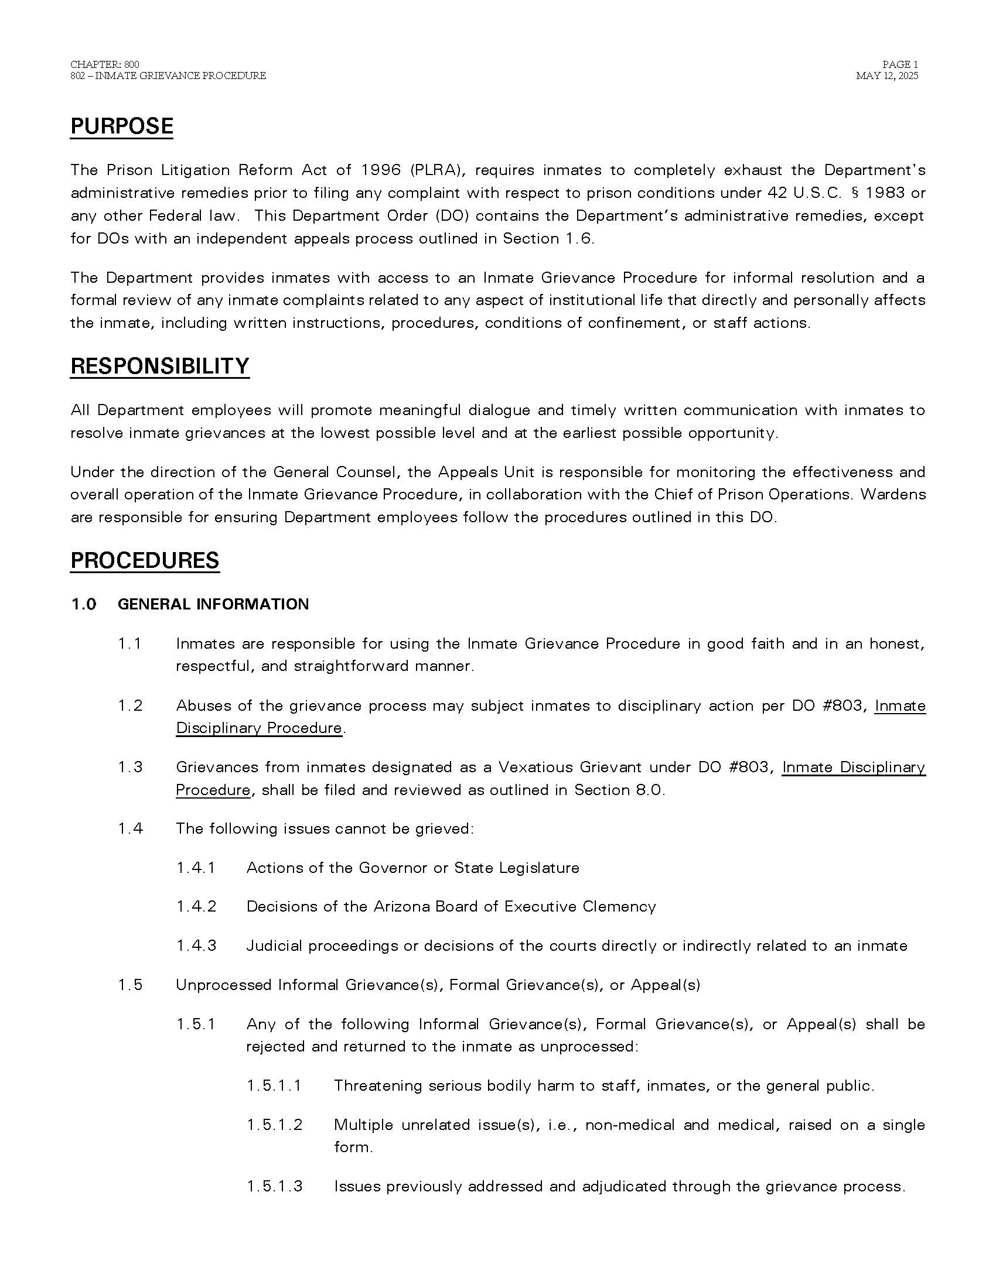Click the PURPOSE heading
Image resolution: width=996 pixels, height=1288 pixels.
point(121,126)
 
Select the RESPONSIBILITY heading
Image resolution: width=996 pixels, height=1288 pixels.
point(160,366)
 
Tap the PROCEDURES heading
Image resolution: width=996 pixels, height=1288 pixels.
point(145,560)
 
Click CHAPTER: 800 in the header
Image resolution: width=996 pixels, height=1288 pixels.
point(104,64)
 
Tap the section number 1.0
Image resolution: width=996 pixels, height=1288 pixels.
point(84,604)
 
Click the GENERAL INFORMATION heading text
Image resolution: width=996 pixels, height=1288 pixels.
point(213,604)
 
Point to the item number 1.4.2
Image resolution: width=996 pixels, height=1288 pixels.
point(196,906)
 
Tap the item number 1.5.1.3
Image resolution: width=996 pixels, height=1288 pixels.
point(274,1186)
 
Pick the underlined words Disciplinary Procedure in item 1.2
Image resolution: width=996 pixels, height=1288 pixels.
point(259,728)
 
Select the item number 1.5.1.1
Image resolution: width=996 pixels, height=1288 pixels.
point(274,1085)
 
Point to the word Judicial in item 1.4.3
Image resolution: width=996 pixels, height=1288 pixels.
point(274,946)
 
